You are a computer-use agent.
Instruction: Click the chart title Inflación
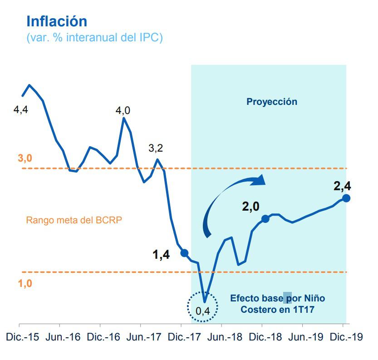[57, 21]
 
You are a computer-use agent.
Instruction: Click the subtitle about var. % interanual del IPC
[94, 38]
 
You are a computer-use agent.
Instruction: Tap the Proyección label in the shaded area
[272, 102]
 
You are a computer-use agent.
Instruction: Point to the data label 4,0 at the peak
[123, 110]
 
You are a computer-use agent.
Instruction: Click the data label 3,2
[156, 148]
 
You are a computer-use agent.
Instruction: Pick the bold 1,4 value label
[161, 255]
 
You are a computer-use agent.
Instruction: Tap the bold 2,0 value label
[250, 207]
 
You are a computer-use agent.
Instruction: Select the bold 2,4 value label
[342, 186]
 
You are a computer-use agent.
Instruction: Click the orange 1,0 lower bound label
[25, 284]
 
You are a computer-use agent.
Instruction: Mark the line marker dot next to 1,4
[184, 253]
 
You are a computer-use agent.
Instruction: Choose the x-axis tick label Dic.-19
[343, 338]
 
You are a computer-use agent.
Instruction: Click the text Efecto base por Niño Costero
[277, 304]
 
